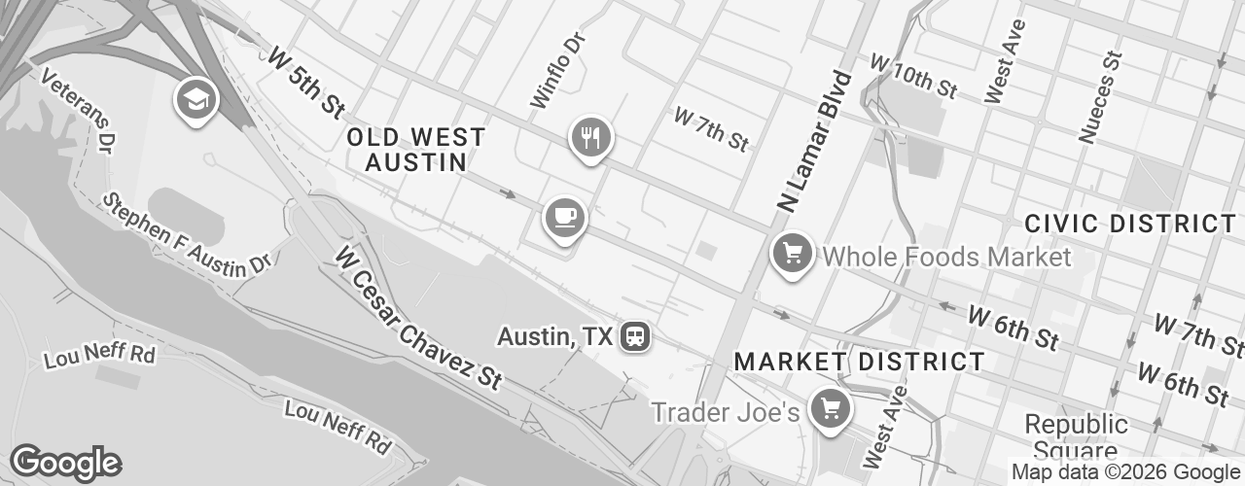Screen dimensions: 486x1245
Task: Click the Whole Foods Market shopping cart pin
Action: click(793, 255)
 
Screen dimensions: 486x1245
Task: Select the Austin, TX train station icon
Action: click(636, 337)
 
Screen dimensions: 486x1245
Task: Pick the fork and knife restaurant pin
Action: click(589, 137)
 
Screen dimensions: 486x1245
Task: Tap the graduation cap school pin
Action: click(194, 98)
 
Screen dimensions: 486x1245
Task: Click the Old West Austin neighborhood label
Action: click(415, 150)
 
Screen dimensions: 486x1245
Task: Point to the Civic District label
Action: click(1129, 224)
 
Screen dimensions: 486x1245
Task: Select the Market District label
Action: click(859, 362)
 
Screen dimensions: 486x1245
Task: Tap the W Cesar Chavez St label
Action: click(419, 317)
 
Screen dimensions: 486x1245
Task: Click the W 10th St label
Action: click(913, 76)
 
